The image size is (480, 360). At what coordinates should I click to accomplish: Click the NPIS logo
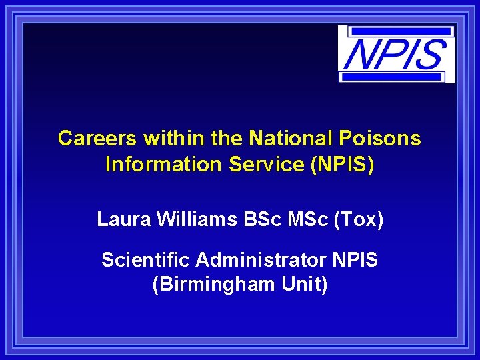[396, 54]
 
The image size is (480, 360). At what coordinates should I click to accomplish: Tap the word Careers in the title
[98, 139]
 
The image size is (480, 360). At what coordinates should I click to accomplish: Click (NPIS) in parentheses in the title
[343, 164]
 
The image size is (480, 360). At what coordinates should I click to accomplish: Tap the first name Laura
[123, 219]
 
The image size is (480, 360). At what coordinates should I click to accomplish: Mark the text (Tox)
[361, 219]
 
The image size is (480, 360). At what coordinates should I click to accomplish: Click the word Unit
[304, 284]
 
